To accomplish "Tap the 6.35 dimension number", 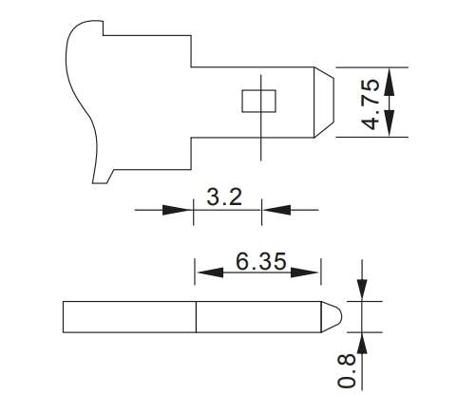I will [257, 261].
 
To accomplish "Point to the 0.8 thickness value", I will [348, 369].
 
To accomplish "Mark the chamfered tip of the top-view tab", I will [324, 101].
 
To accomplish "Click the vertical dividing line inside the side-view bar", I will [197, 317].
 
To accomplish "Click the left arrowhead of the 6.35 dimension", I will [203, 272].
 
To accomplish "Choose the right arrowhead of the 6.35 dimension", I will [314, 272].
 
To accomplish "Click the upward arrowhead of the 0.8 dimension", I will [361, 341].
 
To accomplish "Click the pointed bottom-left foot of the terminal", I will [97, 180].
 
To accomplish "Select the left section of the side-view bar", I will [129, 317].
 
